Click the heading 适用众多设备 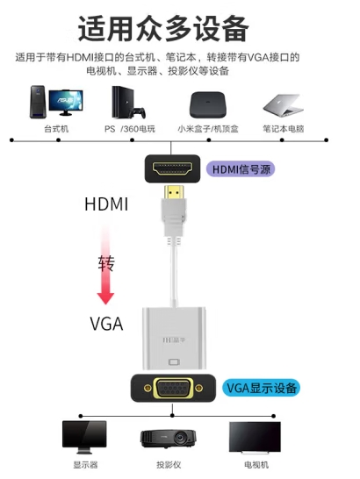[x=163, y=28]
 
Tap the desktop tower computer [x=38, y=102]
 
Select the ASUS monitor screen [x=66, y=100]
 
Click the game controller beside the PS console [x=137, y=112]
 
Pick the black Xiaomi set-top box [x=208, y=104]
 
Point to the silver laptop [x=284, y=105]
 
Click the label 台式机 [x=56, y=129]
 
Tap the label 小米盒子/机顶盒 [x=208, y=129]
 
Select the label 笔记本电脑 [x=284, y=129]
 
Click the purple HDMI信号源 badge [x=241, y=169]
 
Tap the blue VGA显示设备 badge [x=261, y=388]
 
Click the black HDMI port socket [x=172, y=168]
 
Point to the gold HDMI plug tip [x=174, y=192]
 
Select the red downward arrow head [x=105, y=298]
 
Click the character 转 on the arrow [x=106, y=263]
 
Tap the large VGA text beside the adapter [x=106, y=324]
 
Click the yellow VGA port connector [x=173, y=388]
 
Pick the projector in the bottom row [x=169, y=439]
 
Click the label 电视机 [x=256, y=465]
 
